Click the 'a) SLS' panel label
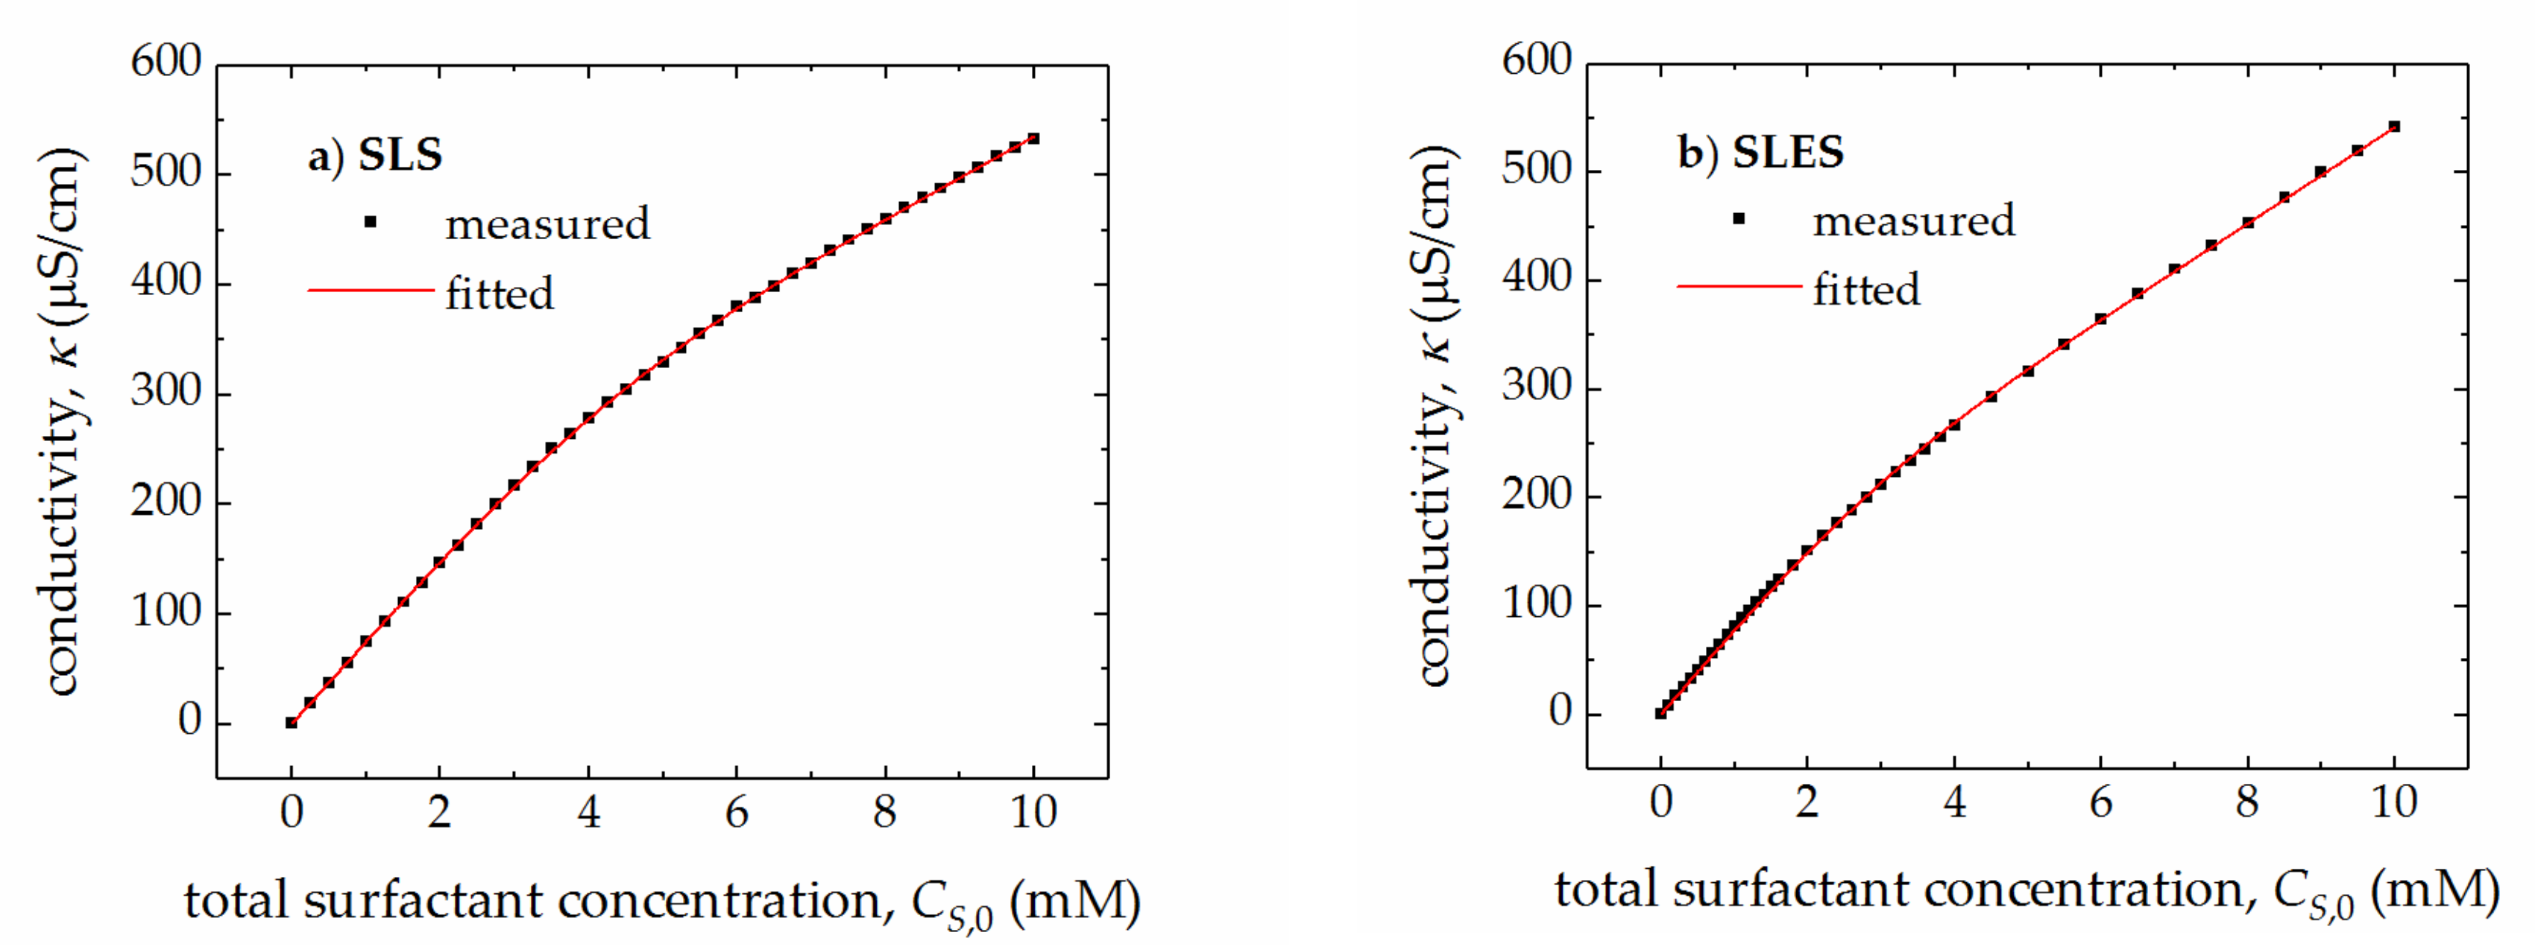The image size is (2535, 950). coord(375,156)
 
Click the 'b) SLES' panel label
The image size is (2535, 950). coord(1760,153)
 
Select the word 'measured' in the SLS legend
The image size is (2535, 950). coord(547,224)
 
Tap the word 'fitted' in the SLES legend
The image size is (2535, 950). coord(1865,290)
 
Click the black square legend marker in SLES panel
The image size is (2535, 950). coord(1739,218)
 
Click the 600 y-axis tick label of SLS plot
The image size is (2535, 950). coord(166,62)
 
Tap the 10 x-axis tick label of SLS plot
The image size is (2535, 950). coord(1033,812)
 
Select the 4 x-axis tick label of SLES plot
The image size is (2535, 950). coord(1954,803)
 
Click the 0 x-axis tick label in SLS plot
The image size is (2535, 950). coord(292,812)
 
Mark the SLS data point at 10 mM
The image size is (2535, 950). coord(1033,139)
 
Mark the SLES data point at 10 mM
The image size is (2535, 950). coord(2394,127)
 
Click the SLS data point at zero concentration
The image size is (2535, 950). coord(292,723)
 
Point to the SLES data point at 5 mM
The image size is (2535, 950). coord(2027,372)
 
